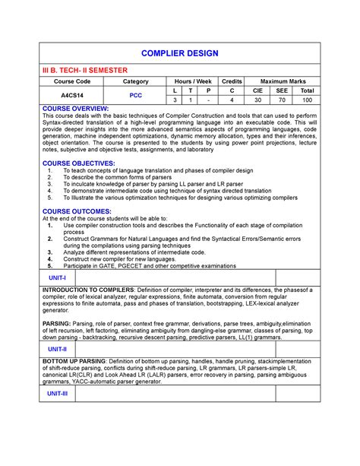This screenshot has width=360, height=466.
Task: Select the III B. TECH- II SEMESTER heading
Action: [x=81, y=69]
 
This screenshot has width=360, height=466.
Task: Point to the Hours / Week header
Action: [x=192, y=81]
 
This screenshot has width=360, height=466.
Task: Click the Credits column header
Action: [x=232, y=81]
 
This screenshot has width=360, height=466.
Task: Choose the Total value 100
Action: [x=307, y=100]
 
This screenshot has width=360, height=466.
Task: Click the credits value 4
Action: [x=232, y=100]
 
